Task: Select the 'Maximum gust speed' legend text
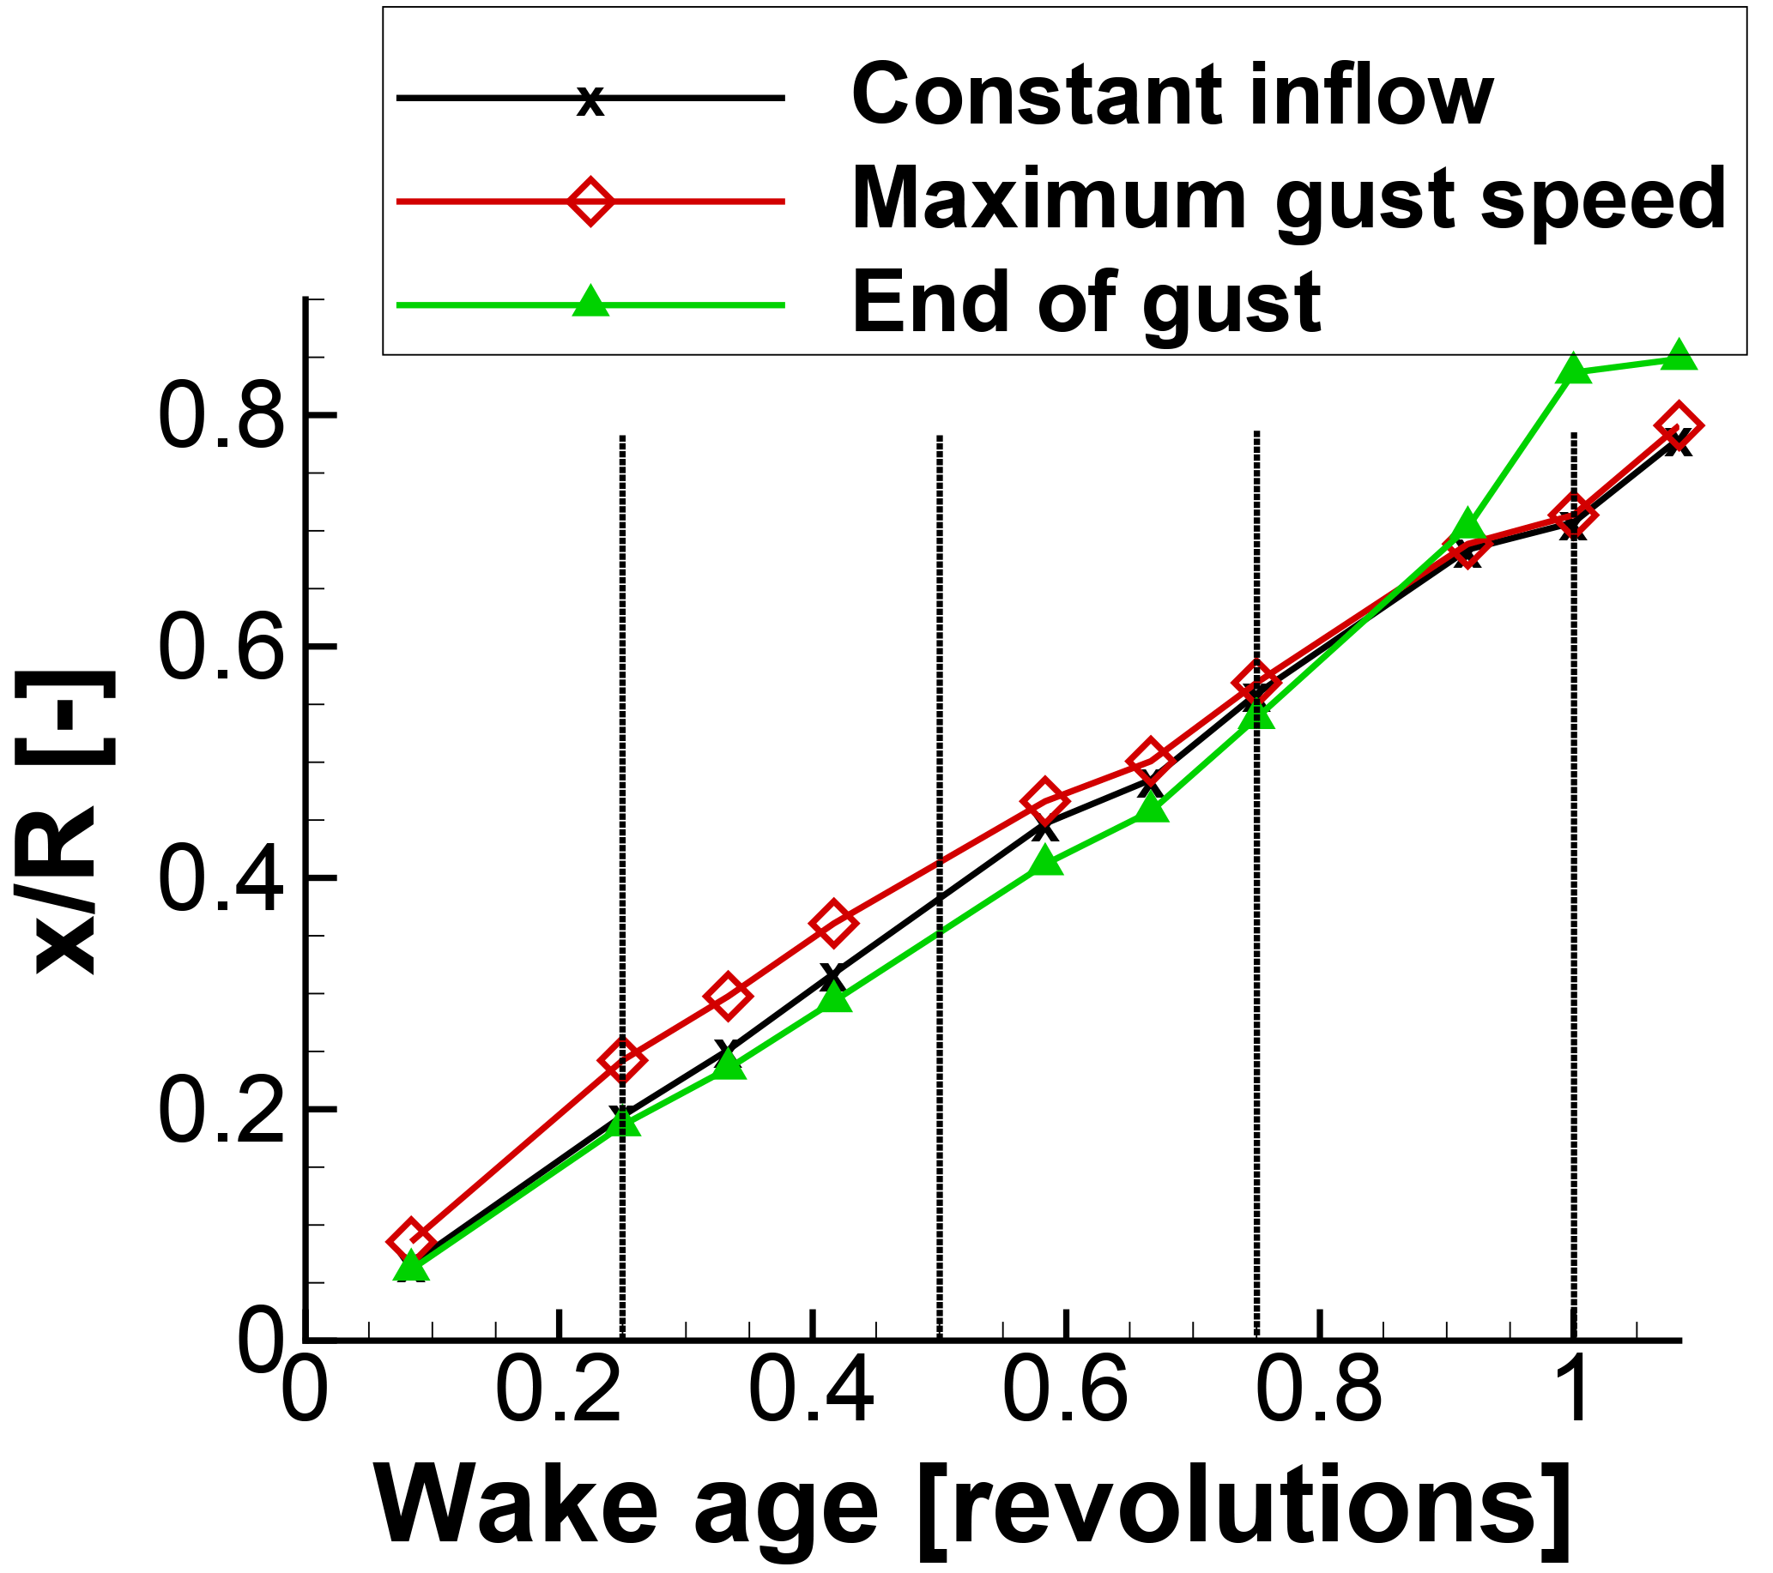pyautogui.click(x=1289, y=201)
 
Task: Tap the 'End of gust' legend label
pyautogui.click(x=1086, y=304)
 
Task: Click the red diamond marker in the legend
pyautogui.click(x=590, y=202)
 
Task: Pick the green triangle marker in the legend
pyautogui.click(x=590, y=303)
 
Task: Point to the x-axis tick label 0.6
pyautogui.click(x=1066, y=1395)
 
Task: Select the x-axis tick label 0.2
pyautogui.click(x=560, y=1395)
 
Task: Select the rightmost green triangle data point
pyautogui.click(x=1679, y=356)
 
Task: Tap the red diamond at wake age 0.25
pyautogui.click(x=622, y=1059)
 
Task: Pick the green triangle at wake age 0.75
pyautogui.click(x=1257, y=716)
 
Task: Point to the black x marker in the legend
pyautogui.click(x=590, y=100)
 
